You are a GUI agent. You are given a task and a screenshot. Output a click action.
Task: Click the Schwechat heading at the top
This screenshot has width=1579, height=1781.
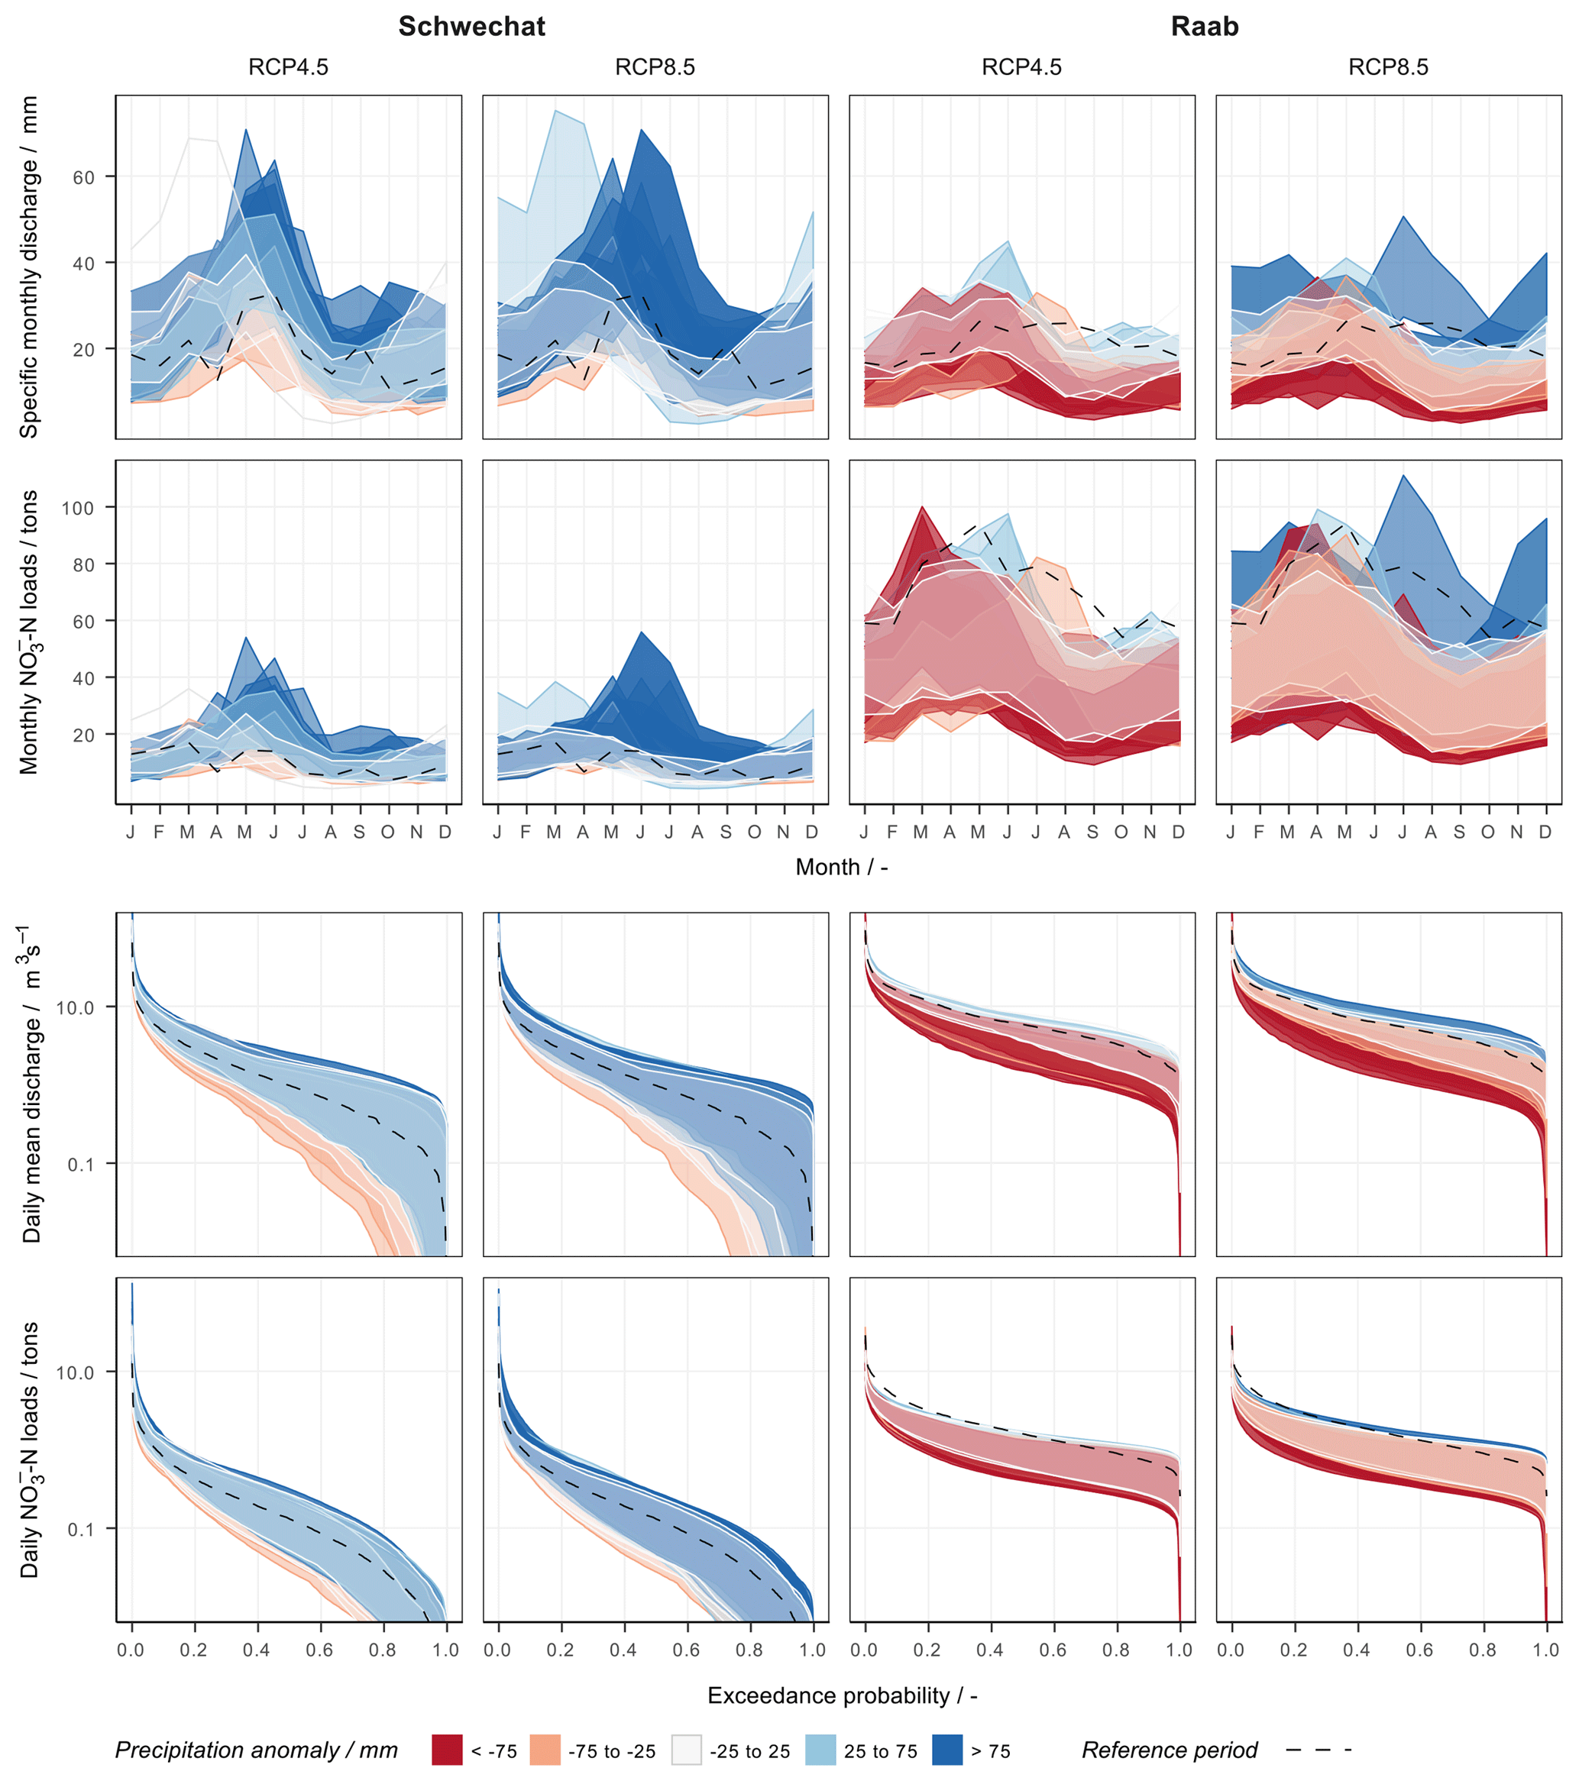(471, 26)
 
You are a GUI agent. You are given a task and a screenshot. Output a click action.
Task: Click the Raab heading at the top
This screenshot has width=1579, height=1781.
(1204, 26)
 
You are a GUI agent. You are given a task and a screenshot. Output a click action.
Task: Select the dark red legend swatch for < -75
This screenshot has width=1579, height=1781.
(447, 1750)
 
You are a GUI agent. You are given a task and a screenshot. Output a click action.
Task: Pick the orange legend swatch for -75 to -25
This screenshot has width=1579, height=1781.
(545, 1750)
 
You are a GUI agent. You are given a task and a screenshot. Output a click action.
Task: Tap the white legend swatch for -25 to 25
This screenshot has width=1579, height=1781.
(686, 1750)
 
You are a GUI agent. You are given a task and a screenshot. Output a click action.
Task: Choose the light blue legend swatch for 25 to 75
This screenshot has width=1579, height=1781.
(820, 1750)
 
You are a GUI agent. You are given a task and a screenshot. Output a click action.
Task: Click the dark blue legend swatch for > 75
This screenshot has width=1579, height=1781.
(947, 1750)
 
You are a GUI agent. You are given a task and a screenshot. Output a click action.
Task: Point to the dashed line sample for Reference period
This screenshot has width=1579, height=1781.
(1318, 1750)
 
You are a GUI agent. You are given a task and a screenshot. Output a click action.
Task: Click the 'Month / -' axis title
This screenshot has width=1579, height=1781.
(841, 867)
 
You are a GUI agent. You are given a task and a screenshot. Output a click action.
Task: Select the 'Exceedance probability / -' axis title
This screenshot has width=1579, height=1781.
(842, 1695)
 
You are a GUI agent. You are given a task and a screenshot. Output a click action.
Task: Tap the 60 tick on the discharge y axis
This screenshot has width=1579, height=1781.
(84, 177)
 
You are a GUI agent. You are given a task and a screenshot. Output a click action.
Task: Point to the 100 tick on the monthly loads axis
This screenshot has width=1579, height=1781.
(78, 507)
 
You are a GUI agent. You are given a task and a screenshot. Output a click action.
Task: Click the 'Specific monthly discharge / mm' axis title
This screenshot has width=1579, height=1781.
(29, 267)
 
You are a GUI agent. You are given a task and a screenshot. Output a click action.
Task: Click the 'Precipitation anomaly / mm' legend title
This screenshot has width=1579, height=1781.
(256, 1750)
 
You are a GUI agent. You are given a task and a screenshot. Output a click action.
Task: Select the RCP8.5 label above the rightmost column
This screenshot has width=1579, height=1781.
(1388, 67)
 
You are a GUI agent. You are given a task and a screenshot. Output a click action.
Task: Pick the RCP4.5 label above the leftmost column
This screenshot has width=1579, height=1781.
(289, 67)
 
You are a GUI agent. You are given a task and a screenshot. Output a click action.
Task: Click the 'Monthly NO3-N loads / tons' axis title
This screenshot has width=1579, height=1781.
(29, 632)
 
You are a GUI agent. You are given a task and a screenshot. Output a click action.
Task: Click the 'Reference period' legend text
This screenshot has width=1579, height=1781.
(1170, 1750)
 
